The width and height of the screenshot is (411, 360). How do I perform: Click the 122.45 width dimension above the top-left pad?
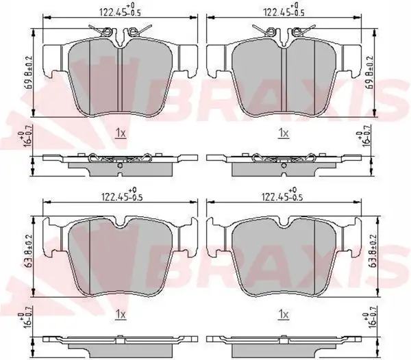tap(121, 10)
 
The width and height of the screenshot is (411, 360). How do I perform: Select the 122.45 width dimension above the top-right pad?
tap(284, 10)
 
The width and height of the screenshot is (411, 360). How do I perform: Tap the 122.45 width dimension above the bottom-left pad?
tap(122, 194)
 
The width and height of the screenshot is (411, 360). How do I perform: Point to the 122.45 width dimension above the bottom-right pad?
tap(282, 194)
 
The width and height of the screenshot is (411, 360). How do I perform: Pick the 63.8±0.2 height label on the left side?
tap(29, 250)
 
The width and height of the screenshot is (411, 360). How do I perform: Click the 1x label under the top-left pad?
tap(121, 133)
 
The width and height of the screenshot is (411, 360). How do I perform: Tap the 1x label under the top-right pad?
tap(284, 133)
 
